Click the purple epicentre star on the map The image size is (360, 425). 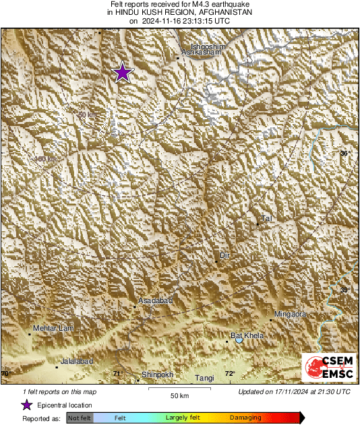click(122, 72)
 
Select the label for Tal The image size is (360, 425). click(267, 218)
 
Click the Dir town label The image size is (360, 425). click(225, 256)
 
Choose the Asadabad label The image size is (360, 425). click(156, 300)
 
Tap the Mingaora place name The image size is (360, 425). click(291, 314)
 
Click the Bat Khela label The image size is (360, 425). click(247, 335)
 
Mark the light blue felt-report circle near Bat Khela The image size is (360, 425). click(239, 341)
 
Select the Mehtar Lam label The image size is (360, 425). click(53, 327)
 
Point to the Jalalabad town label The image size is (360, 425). click(76, 362)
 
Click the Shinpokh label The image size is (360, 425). click(158, 374)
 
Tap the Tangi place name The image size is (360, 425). click(204, 379)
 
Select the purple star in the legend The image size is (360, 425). click(26, 405)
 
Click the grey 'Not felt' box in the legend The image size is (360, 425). click(80, 418)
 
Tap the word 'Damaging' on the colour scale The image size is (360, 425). click(245, 418)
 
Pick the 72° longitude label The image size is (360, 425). click(229, 374)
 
